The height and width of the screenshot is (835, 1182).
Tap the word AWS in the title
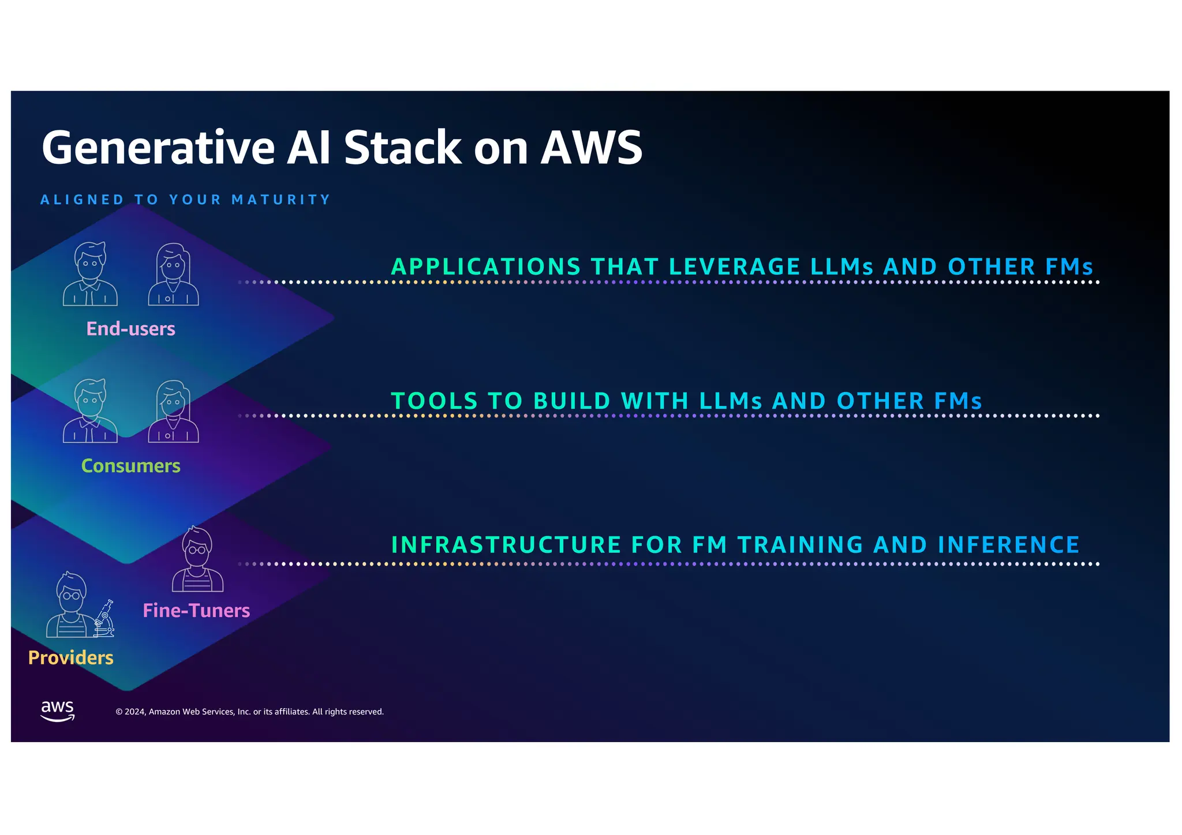coord(591,148)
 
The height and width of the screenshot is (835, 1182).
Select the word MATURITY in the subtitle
coord(281,200)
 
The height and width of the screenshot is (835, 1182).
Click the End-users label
coord(130,329)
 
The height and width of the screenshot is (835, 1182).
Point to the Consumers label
coord(130,466)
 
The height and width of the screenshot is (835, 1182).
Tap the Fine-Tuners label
coord(196,611)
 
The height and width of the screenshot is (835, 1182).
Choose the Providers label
coord(70,658)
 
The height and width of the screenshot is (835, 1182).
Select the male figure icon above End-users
coord(91,274)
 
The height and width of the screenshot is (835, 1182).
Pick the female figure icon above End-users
coord(173,274)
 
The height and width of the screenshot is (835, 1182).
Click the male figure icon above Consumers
coord(91,411)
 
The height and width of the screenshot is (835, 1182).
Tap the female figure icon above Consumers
coord(173,411)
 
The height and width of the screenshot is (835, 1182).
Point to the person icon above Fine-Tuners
coord(197,559)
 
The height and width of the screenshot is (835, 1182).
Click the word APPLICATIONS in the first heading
coord(486,267)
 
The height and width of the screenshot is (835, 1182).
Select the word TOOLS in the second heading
coord(434,401)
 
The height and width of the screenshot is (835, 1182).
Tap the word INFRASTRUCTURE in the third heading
coord(506,545)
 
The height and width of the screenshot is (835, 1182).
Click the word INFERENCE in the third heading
coord(1008,545)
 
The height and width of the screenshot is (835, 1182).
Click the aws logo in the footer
coord(58,711)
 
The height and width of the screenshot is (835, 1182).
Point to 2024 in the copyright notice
coord(134,712)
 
